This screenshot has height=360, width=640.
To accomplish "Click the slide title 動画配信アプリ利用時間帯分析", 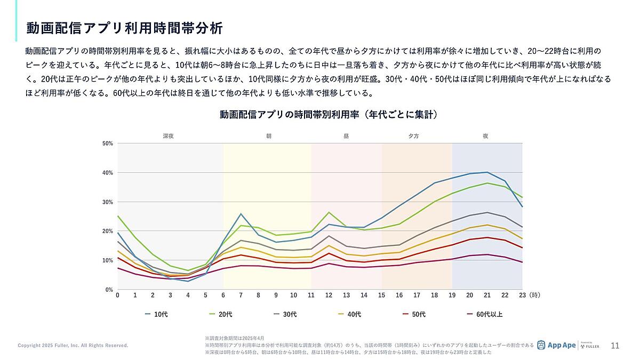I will click(124, 28).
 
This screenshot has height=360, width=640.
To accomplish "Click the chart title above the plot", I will click(329, 115).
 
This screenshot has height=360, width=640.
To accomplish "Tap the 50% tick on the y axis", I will click(108, 143).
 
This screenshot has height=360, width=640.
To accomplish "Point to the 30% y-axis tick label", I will click(108, 202).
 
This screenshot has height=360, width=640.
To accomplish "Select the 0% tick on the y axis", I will click(109, 290).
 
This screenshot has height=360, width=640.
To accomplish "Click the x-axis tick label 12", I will click(329, 295).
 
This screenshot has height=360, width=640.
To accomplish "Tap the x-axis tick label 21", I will click(487, 295).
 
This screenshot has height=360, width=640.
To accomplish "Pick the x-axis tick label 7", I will click(241, 295).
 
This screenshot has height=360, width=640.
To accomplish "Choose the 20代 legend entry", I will click(221, 314).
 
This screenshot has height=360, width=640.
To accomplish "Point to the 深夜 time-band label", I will click(168, 136).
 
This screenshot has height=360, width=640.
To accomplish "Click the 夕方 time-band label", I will click(414, 136).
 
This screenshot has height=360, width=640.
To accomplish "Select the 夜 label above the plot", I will click(485, 136).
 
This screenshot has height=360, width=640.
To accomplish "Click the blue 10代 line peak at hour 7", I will click(241, 214).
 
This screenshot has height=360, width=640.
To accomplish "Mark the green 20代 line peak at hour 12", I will click(329, 212).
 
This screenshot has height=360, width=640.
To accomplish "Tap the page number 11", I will click(615, 346).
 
